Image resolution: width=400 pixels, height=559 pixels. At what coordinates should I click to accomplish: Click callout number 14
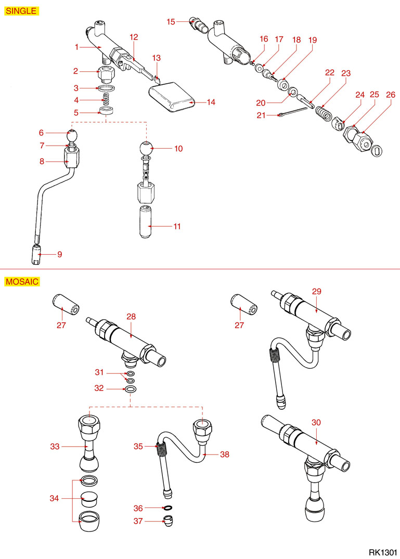210,102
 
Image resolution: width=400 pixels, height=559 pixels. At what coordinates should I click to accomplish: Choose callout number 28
131,316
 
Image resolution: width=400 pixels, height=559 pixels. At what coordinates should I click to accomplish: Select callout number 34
55,499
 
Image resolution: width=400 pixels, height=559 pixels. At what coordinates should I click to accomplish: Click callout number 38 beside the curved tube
224,454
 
